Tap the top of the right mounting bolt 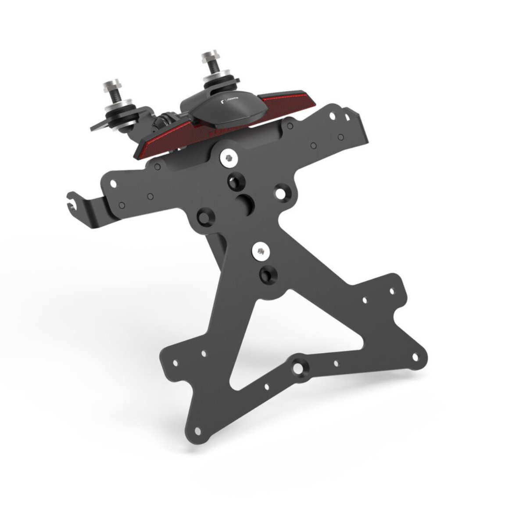[x=208, y=57]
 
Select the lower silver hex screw [x=260, y=251]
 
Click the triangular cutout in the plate [x=298, y=325]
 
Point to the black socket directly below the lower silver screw [x=266, y=275]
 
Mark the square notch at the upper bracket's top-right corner [x=347, y=117]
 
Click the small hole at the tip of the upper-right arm [x=392, y=291]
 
